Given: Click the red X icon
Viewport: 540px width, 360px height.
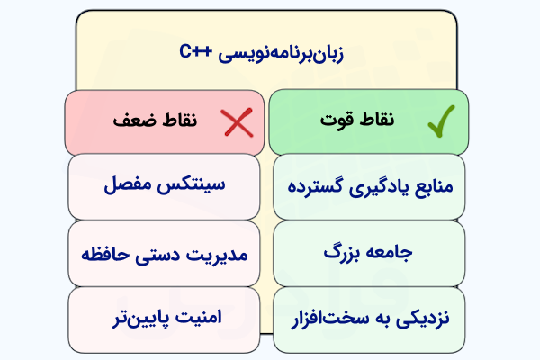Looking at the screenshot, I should click(x=237, y=123).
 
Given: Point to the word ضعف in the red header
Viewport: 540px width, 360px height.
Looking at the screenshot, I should click(x=127, y=121).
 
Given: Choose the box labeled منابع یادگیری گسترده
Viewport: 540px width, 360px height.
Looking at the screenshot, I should click(x=369, y=187).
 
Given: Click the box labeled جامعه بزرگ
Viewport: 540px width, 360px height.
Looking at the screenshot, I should click(x=369, y=253).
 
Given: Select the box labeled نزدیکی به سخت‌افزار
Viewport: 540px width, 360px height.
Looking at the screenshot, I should click(x=369, y=319).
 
